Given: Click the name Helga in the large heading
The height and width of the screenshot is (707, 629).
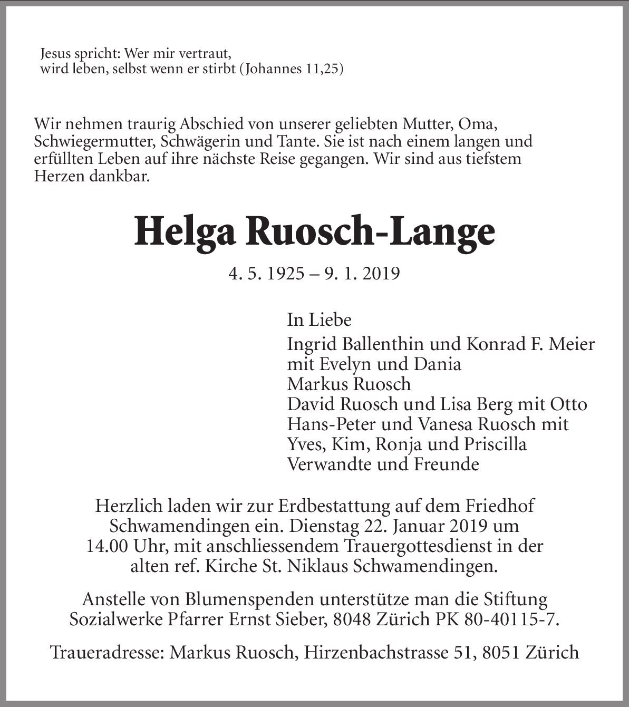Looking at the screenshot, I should [x=185, y=233].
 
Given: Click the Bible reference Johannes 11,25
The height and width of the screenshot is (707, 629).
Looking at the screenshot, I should [x=291, y=69].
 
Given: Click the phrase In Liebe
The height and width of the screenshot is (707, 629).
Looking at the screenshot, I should [x=319, y=319].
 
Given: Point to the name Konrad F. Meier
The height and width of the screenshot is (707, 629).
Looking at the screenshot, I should [x=530, y=344].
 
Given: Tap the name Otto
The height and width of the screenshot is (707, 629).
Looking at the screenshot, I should [x=568, y=404].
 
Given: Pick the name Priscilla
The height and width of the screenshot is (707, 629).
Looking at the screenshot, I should [x=495, y=444].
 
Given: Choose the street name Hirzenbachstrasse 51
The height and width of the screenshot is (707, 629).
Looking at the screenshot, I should [x=375, y=653].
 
